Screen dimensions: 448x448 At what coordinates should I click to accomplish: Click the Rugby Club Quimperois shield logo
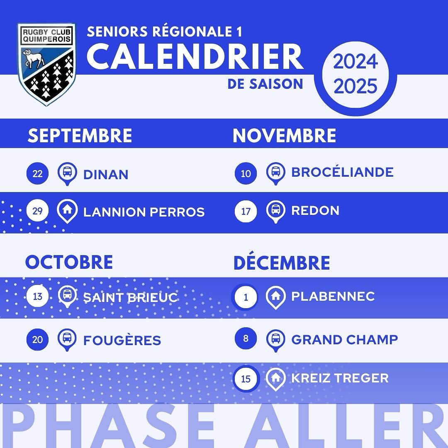point(46,64)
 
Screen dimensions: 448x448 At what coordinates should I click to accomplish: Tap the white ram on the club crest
point(34,58)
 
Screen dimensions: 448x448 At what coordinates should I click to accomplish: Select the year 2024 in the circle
point(355,61)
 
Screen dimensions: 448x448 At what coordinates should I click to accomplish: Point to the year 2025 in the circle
point(355,86)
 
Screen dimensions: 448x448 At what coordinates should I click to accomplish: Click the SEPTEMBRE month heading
point(80,135)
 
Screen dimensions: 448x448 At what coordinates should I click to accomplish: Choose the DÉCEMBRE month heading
point(282,263)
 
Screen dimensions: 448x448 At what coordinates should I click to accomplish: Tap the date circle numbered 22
point(37,173)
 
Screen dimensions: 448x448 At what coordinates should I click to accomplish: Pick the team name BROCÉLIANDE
point(342,172)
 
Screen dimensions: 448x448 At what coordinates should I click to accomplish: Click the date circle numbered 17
point(246,212)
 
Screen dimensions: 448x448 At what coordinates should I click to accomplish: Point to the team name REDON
point(315,211)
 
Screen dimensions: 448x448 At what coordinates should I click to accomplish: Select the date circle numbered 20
point(37,339)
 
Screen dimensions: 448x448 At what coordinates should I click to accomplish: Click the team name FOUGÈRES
point(122,340)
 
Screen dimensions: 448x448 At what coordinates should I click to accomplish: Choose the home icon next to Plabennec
point(275,297)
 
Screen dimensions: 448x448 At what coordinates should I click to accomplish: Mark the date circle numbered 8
point(246,338)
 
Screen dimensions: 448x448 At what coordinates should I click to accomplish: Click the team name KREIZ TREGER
point(340,378)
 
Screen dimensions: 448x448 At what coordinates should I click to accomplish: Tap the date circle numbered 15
point(246,379)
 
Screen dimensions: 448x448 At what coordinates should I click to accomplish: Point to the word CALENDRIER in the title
point(195,56)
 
